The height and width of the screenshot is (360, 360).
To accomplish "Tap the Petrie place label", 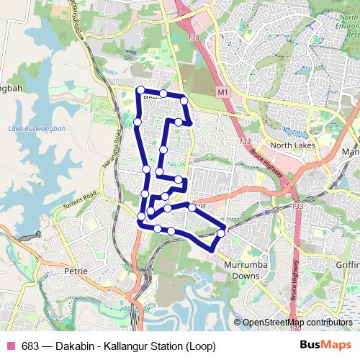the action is tap(75, 271).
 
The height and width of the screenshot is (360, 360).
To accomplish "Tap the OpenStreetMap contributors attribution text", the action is tap(298, 323).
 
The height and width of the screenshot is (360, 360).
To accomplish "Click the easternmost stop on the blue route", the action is tap(221, 233).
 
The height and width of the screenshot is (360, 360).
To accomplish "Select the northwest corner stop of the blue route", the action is tap(140, 90).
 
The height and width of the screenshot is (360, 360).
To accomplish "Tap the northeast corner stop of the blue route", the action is tap(184, 99).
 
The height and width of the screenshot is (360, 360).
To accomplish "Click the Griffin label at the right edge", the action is tap(347, 265).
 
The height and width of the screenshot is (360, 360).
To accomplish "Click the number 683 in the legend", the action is tap(30, 346).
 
